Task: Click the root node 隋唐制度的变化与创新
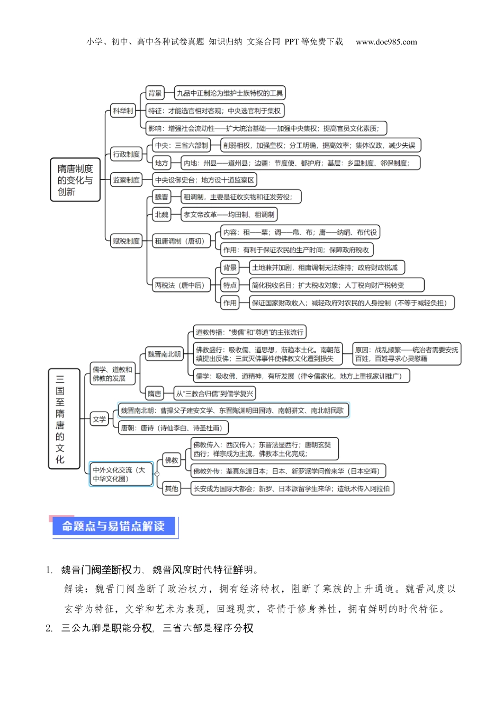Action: click(x=75, y=180)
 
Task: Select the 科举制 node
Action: click(x=123, y=111)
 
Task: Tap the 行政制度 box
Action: click(x=126, y=154)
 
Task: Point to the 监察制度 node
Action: click(x=126, y=180)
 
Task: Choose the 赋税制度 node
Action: click(x=126, y=241)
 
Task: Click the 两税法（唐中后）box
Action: click(x=179, y=285)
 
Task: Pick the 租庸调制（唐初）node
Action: click(x=179, y=241)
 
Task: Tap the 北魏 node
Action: click(x=161, y=215)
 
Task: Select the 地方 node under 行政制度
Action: click(x=161, y=163)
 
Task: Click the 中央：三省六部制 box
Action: click(x=181, y=145)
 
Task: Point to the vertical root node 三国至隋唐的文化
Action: click(x=60, y=419)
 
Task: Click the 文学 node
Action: click(x=100, y=419)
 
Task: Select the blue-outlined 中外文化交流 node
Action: click(x=120, y=474)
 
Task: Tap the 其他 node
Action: click(x=172, y=488)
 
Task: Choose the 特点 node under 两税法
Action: click(x=230, y=285)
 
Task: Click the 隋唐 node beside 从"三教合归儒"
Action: click(x=155, y=394)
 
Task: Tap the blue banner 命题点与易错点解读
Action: click(x=114, y=527)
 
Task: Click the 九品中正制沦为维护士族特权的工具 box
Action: click(x=230, y=93)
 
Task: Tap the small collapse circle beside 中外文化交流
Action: click(x=157, y=474)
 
